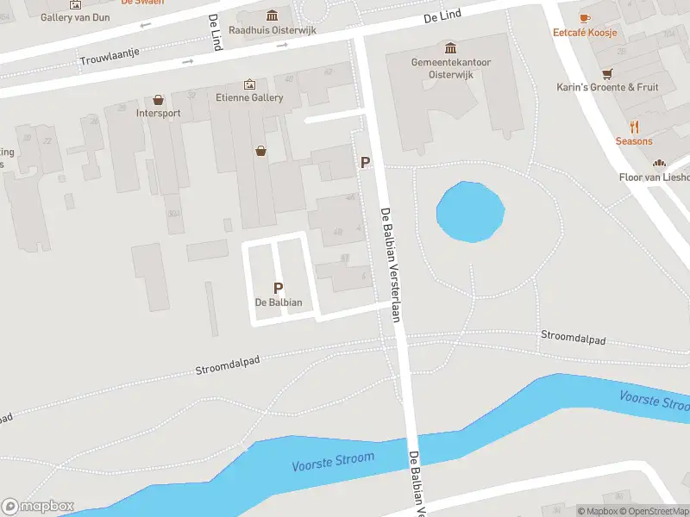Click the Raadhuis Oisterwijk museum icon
(273, 16)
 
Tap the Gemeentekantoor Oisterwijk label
(449, 67)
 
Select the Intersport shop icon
(158, 100)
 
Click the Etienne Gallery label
(249, 97)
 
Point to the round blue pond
(470, 212)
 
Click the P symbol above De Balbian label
(278, 289)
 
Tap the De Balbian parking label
(279, 302)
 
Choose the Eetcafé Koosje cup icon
(586, 17)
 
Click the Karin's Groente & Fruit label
(607, 87)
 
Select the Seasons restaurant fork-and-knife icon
(634, 126)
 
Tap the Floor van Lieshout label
(655, 177)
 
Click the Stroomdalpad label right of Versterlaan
(573, 337)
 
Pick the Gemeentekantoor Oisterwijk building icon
(449, 47)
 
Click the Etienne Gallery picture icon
(249, 84)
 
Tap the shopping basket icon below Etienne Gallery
(260, 151)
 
